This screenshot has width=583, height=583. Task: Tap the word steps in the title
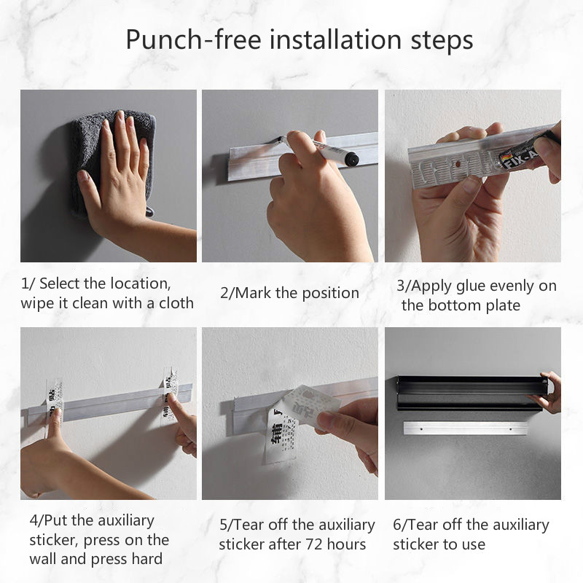tap(442, 40)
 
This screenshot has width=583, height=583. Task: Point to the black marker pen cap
tap(351, 159)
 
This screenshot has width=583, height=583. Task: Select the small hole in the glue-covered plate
tap(458, 163)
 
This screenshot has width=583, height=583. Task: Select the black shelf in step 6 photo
tap(472, 393)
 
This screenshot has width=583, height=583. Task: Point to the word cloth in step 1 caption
tap(176, 303)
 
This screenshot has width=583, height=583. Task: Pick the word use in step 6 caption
tap(474, 544)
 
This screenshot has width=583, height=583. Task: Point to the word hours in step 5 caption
tap(347, 544)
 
